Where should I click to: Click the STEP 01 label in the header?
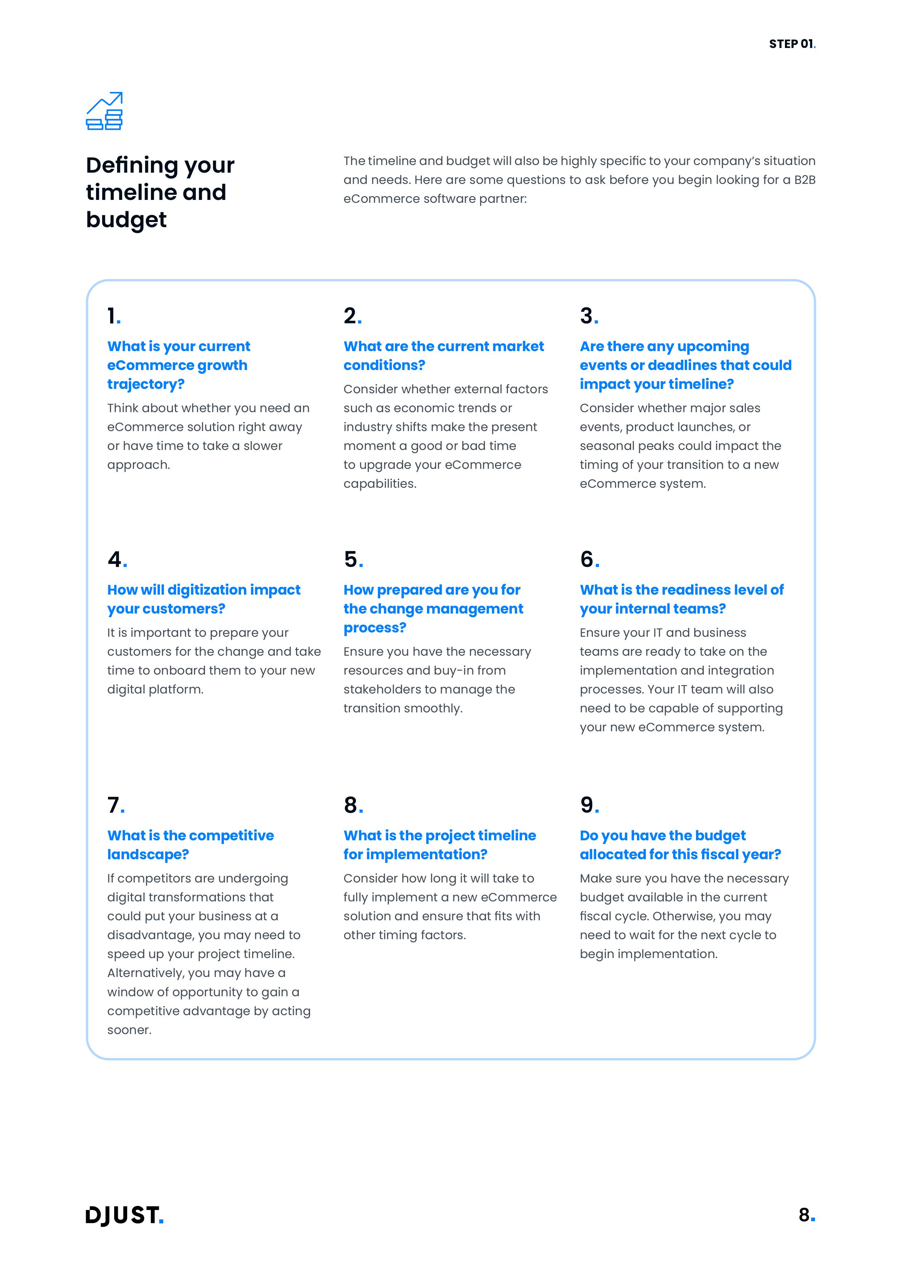(791, 44)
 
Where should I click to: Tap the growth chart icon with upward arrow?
(104, 111)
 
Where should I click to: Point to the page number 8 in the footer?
(805, 1215)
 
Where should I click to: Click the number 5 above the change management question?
(352, 559)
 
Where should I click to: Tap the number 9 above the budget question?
(588, 805)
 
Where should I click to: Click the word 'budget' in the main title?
(126, 220)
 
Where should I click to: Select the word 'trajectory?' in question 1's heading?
(145, 384)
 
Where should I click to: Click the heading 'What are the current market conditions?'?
(443, 355)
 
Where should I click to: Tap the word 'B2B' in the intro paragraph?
(804, 180)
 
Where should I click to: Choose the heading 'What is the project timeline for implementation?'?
(439, 845)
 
